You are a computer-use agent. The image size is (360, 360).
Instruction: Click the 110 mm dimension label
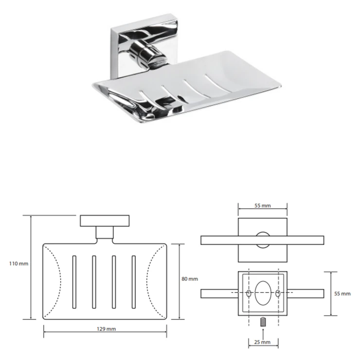click(18, 264)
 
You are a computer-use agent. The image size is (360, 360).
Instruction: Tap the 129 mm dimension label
click(106, 329)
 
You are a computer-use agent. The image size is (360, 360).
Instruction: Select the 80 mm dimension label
click(190, 279)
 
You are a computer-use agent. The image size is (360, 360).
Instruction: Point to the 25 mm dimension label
click(262, 342)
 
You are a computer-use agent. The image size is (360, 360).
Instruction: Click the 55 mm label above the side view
click(262, 206)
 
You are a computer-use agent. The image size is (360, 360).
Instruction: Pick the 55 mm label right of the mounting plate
click(342, 294)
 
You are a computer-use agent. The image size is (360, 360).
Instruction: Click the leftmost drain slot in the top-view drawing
click(74, 282)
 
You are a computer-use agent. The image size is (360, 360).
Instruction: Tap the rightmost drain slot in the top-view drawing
click(134, 282)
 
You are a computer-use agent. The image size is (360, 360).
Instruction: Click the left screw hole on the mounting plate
click(249, 293)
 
